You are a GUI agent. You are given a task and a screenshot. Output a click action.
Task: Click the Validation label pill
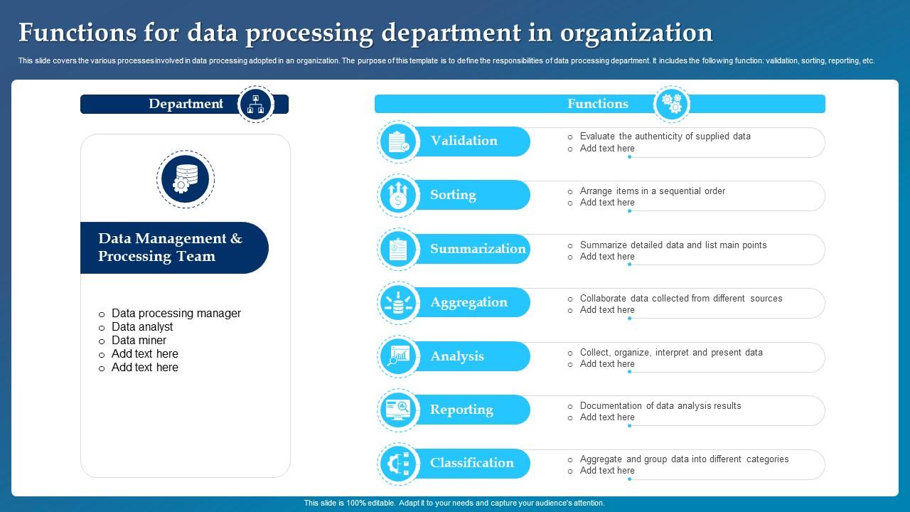[471, 141]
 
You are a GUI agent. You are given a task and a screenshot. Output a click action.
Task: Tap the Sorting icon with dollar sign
[399, 196]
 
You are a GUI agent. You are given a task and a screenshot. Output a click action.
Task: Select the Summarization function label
[478, 249]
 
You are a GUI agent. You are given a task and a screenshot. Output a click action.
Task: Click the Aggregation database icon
[399, 303]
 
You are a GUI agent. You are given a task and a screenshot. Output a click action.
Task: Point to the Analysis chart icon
[399, 356]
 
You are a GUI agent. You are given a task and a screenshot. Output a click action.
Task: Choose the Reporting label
[461, 410]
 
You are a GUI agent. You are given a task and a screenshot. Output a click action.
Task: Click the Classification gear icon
[399, 464]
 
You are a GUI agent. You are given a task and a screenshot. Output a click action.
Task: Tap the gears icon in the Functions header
[672, 104]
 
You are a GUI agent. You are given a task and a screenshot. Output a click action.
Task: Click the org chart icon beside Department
[256, 104]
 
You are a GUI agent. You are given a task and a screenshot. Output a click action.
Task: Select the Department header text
[186, 104]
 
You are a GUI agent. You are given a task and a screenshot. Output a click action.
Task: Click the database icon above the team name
[186, 178]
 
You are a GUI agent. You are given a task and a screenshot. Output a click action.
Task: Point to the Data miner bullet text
[139, 340]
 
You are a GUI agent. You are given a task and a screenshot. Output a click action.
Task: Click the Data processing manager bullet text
[176, 314]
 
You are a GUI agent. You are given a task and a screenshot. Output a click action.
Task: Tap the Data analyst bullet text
[142, 326]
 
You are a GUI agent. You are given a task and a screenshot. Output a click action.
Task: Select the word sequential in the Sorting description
[679, 191]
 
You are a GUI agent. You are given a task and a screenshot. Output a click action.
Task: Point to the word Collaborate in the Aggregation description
[603, 298]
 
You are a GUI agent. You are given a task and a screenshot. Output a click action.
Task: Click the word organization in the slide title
[636, 33]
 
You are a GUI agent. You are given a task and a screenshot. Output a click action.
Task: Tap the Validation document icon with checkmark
[399, 142]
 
